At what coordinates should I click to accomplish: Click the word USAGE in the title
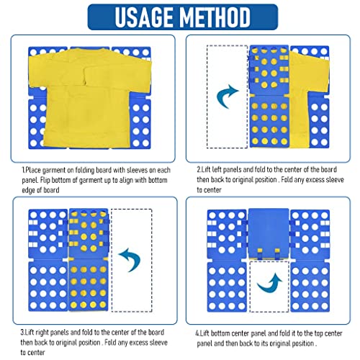(144, 17)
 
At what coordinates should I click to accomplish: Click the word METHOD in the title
(215, 17)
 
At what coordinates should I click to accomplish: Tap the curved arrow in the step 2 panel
(227, 96)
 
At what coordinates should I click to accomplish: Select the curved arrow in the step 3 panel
(131, 260)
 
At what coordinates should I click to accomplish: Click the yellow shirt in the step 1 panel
(90, 97)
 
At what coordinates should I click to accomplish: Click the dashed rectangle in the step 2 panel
(227, 96)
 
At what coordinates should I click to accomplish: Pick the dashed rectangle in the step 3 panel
(132, 261)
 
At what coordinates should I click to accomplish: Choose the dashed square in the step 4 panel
(269, 287)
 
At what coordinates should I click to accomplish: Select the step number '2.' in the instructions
(199, 169)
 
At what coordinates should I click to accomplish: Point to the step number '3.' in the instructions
(22, 333)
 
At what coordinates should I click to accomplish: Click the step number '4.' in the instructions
(197, 333)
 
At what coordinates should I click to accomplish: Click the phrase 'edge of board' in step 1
(40, 190)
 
